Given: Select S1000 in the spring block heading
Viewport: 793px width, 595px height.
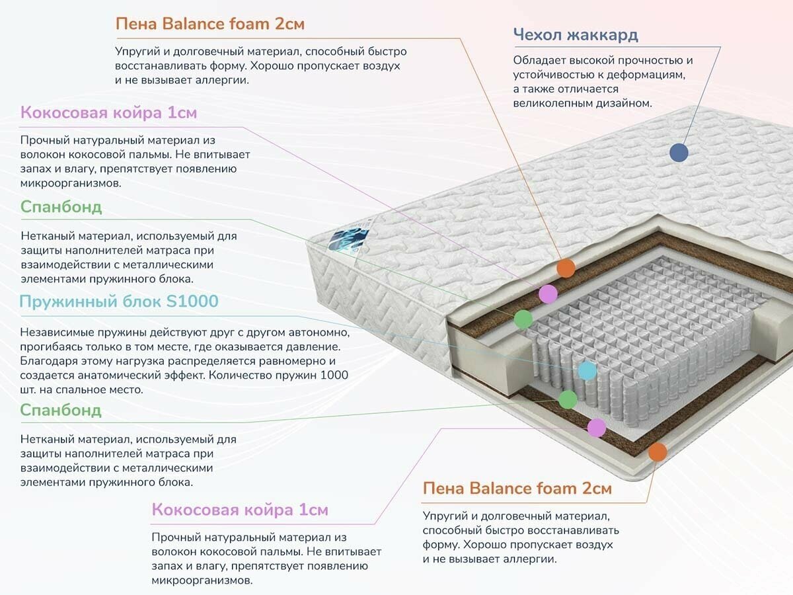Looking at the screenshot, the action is point(192,302).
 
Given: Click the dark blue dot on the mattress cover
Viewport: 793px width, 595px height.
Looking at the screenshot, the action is point(679,153).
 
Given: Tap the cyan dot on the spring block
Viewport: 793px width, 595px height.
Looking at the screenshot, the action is point(587,371).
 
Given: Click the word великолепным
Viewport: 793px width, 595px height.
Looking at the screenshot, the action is point(557,103).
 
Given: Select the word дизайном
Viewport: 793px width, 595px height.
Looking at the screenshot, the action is point(627,103).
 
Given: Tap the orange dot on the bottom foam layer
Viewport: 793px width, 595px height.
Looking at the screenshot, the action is point(657,452).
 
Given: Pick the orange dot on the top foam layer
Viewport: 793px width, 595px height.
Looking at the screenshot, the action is point(566,268).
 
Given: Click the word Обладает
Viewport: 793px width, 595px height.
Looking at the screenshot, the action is point(539,60).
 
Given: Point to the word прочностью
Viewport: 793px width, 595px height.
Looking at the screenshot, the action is point(646,60).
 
